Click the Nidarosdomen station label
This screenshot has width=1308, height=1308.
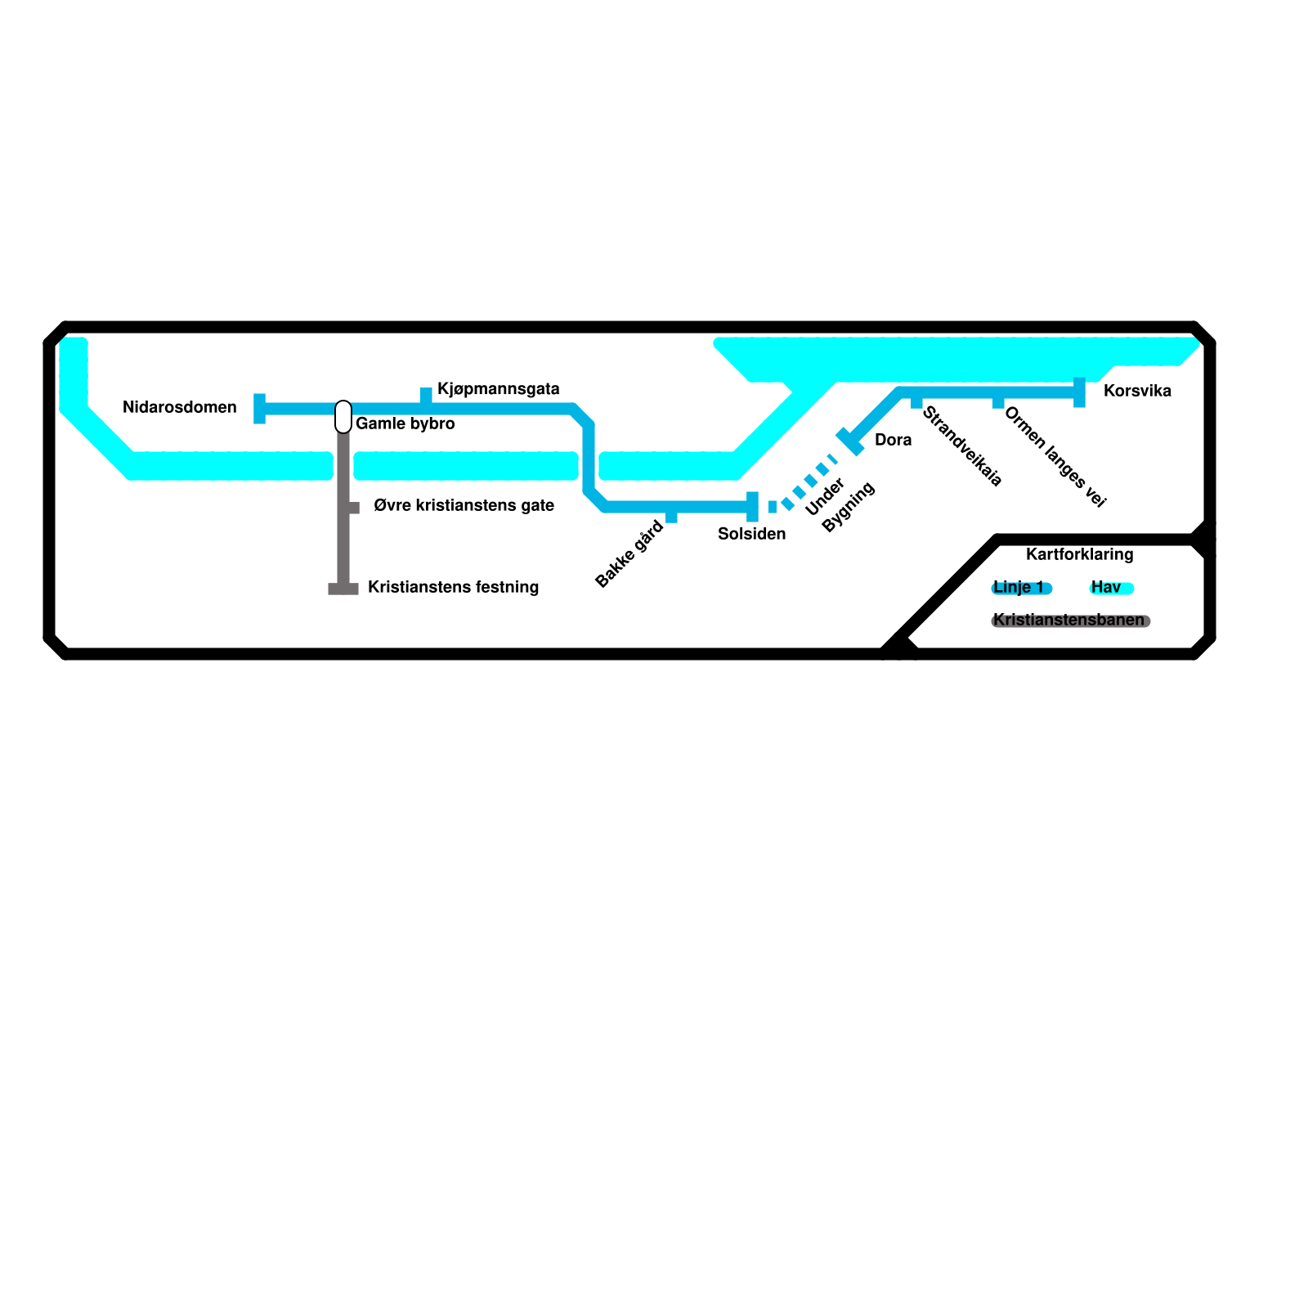pyautogui.click(x=179, y=407)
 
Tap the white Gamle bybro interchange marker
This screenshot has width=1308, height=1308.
pyautogui.click(x=343, y=417)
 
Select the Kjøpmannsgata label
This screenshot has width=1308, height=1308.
pyautogui.click(x=498, y=389)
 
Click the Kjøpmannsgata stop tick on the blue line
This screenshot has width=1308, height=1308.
pyautogui.click(x=426, y=396)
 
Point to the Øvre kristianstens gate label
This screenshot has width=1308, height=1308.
pyautogui.click(x=464, y=506)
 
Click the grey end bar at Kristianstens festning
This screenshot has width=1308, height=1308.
pyautogui.click(x=343, y=589)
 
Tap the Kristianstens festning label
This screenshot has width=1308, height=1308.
pyautogui.click(x=453, y=588)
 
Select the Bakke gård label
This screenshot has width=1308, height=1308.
pyautogui.click(x=629, y=554)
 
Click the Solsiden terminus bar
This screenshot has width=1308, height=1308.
pyautogui.click(x=752, y=507)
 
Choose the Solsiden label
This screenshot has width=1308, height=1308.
pyautogui.click(x=751, y=535)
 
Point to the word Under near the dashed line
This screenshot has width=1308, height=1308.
pyautogui.click(x=824, y=497)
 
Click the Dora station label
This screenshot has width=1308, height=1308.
pyautogui.click(x=893, y=440)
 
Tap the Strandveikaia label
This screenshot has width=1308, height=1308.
pyautogui.click(x=961, y=446)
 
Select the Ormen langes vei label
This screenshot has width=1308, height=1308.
pyautogui.click(x=1055, y=457)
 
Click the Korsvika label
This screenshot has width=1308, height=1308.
pyautogui.click(x=1137, y=391)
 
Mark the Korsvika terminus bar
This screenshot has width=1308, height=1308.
pyautogui.click(x=1079, y=392)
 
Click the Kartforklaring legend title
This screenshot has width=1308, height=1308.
pyautogui.click(x=1079, y=554)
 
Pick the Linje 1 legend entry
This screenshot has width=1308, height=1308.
pyautogui.click(x=1020, y=588)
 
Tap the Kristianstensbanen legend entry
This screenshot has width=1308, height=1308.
pyautogui.click(x=1069, y=620)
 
